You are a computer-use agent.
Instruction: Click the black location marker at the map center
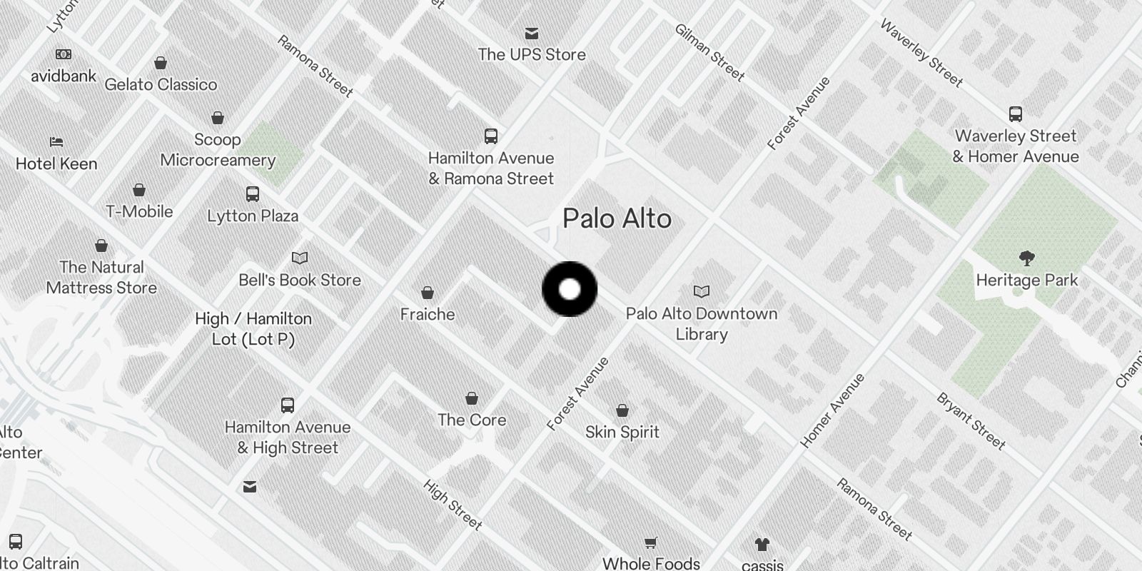click(x=570, y=289)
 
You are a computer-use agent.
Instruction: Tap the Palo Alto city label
click(x=617, y=218)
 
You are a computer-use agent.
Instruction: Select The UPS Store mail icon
click(x=532, y=34)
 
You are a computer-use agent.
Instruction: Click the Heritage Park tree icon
click(x=1027, y=258)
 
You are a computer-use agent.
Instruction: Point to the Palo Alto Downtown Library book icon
click(x=702, y=291)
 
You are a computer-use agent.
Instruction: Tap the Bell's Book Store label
click(x=300, y=280)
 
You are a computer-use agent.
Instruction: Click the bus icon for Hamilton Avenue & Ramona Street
click(x=491, y=136)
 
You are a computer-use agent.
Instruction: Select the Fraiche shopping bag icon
click(x=428, y=293)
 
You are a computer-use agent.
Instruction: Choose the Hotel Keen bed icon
click(x=56, y=142)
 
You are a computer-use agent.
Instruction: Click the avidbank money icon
click(x=64, y=54)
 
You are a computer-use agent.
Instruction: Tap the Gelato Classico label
click(x=161, y=84)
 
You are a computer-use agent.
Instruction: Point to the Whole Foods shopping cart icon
click(x=650, y=543)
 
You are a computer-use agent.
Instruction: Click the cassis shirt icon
click(x=762, y=545)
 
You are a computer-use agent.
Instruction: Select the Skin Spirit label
click(x=622, y=432)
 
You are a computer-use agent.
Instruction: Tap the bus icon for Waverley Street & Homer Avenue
click(x=1016, y=113)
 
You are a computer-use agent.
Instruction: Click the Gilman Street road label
click(x=709, y=52)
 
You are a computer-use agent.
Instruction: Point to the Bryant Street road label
click(x=971, y=421)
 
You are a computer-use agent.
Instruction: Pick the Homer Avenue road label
click(x=832, y=410)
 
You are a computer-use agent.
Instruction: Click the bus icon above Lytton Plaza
click(x=253, y=193)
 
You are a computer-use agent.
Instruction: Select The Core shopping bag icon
click(x=472, y=398)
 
